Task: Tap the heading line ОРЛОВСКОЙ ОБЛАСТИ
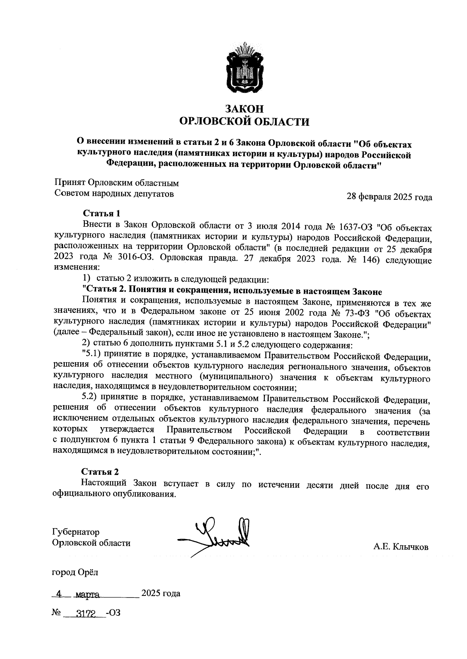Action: pos(244,122)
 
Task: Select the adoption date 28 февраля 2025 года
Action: pos(389,197)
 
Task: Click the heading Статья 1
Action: pos(101,213)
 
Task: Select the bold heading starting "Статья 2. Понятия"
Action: pos(232,291)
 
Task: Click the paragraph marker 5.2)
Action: pos(91,399)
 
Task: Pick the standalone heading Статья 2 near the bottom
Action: pos(100,472)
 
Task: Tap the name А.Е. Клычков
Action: pos(400,547)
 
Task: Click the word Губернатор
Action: pos(76,532)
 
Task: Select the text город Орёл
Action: pos(75,572)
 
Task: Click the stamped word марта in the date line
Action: pos(88,595)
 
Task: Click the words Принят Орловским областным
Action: pos(116,182)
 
